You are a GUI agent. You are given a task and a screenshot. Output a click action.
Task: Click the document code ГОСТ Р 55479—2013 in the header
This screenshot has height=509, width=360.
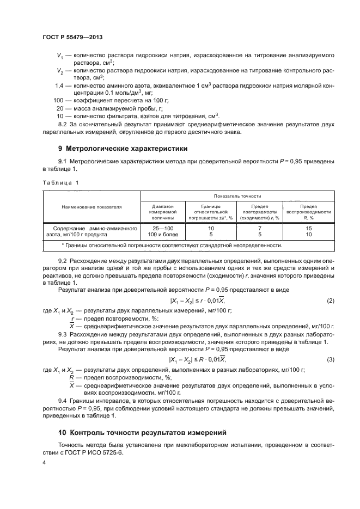pos(72,36)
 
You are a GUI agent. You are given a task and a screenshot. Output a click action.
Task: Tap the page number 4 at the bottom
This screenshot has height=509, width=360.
pos(44,462)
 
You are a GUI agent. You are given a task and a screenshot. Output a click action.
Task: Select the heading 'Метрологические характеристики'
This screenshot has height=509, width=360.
pos(123,148)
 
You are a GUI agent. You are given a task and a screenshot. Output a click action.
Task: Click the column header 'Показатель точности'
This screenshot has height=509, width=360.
pos(237,195)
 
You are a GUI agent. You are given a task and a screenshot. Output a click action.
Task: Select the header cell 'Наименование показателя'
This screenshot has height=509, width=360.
pos(91,208)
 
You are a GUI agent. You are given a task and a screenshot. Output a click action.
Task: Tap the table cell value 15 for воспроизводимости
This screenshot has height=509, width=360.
pos(309,229)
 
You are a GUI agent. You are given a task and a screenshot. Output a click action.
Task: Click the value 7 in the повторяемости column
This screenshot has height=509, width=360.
pos(260,229)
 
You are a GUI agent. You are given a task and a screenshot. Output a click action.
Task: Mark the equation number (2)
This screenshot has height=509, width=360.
pos(330,301)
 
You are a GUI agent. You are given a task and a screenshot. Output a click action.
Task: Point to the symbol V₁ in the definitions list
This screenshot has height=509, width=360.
pos(60,56)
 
